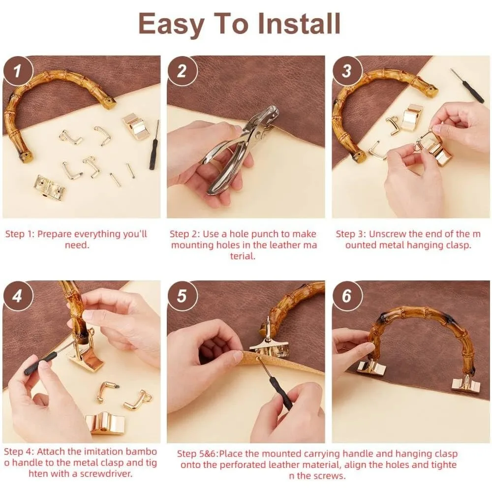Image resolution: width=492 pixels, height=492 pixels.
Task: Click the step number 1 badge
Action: click(x=18, y=71)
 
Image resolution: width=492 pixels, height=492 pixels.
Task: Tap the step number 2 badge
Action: click(x=182, y=71)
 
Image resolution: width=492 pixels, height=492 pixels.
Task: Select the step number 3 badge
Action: click(x=347, y=71)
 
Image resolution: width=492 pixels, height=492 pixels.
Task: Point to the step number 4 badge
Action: click(x=18, y=296)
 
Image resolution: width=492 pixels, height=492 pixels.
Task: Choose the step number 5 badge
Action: click(x=182, y=296)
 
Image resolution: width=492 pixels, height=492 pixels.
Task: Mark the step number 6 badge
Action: click(x=347, y=296)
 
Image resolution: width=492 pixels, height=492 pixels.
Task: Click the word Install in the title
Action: click(x=299, y=24)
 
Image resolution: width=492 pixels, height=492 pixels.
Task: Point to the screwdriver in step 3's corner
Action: click(x=469, y=85)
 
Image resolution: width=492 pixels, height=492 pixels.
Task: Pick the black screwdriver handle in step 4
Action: click(x=39, y=364)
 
